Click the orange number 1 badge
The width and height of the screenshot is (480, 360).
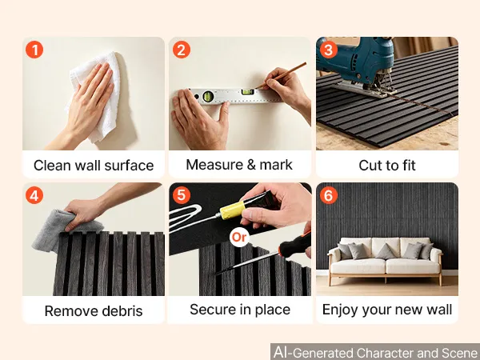pyautogui.click(x=34, y=50)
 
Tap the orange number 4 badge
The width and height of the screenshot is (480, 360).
pyautogui.click(x=34, y=195)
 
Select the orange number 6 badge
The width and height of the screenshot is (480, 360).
pyautogui.click(x=329, y=195)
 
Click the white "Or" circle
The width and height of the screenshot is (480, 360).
pyautogui.click(x=238, y=237)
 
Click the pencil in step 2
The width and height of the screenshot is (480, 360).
pyautogui.click(x=281, y=75)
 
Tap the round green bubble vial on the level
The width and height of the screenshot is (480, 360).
pyautogui.click(x=208, y=96)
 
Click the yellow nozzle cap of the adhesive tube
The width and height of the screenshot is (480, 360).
pyautogui.click(x=232, y=210)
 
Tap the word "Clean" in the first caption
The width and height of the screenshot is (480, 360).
pyautogui.click(x=52, y=166)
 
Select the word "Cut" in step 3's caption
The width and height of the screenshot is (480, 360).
pyautogui.click(x=369, y=166)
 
